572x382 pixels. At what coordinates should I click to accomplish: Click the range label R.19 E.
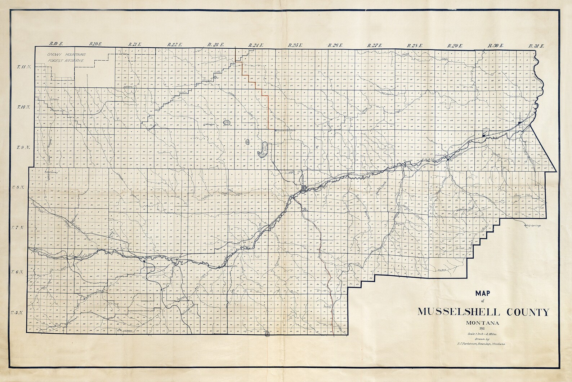pyautogui.click(x=57, y=44)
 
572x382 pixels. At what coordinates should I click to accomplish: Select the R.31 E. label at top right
pyautogui.click(x=536, y=46)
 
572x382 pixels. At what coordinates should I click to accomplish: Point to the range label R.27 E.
pyautogui.click(x=375, y=45)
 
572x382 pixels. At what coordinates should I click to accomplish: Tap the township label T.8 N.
pyautogui.click(x=17, y=188)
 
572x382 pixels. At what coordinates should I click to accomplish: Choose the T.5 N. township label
pyautogui.click(x=17, y=312)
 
